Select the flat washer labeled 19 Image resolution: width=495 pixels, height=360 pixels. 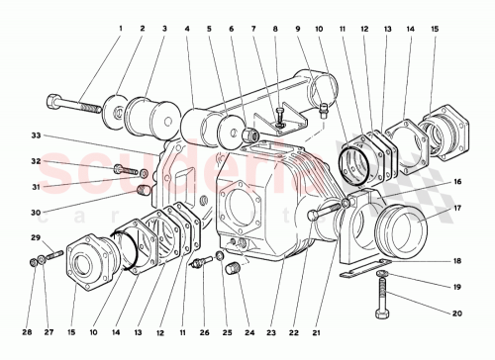(x=382, y=272)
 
